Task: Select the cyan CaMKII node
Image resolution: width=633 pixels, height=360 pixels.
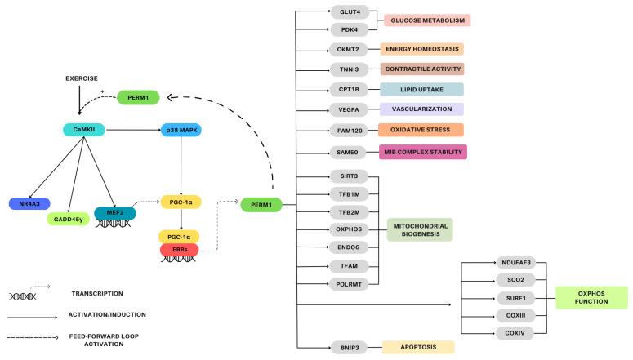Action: (x=84, y=129)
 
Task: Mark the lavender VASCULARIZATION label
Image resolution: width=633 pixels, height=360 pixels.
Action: (x=421, y=109)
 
